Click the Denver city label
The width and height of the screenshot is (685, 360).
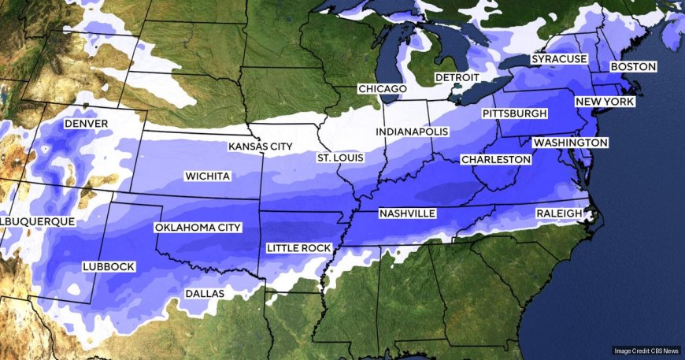[x=87, y=124]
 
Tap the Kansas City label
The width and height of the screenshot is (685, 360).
[x=260, y=147]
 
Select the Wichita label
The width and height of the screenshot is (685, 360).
[x=207, y=176]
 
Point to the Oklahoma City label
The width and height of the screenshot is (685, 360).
[x=198, y=228]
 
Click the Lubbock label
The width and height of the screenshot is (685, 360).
[x=109, y=266]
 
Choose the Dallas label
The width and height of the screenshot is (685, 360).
[x=204, y=293]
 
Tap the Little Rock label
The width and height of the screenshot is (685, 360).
[x=298, y=248]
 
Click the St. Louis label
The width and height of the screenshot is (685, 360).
[x=340, y=158]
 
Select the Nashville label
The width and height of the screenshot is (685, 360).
[x=407, y=213]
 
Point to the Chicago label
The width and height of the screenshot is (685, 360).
[x=382, y=89]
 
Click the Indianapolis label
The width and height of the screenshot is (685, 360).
[x=412, y=131]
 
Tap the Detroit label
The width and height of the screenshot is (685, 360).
[x=457, y=78]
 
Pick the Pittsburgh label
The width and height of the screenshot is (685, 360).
[x=514, y=114]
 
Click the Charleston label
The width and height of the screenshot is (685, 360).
[x=496, y=159]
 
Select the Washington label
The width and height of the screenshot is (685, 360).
[x=570, y=143]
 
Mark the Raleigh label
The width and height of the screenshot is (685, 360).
[x=559, y=213]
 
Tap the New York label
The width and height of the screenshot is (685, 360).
[x=605, y=102]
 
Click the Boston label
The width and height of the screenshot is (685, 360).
[x=633, y=67]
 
